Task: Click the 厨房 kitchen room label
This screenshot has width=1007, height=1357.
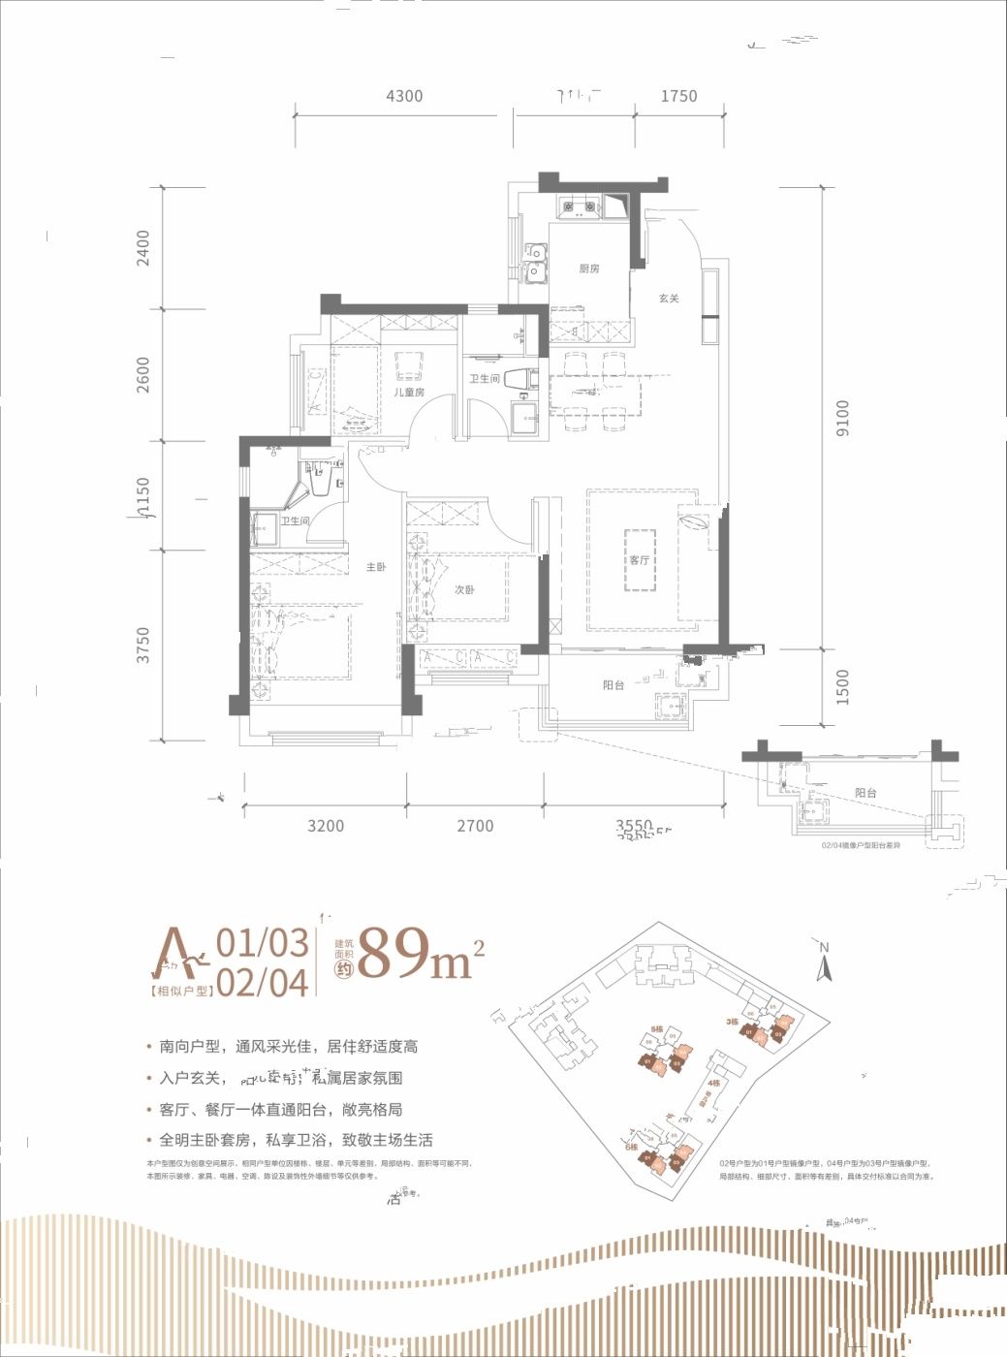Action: coord(589,268)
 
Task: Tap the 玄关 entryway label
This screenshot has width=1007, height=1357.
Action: coord(669,299)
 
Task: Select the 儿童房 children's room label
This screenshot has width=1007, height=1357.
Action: coord(409,393)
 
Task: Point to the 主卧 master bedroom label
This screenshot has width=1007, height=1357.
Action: coord(376,567)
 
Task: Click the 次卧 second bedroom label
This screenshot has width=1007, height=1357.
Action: coord(464,589)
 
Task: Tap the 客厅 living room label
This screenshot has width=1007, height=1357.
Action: coord(639,560)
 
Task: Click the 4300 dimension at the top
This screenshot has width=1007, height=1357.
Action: coord(404,96)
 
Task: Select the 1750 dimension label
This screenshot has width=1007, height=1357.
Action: coord(678,96)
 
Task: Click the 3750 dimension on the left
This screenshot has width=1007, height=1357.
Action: coord(143,645)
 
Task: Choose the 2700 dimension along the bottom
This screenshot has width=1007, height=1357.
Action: coord(475,826)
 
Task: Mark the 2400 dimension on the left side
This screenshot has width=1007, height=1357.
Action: coord(143,248)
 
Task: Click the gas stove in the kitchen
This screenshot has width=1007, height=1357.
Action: coord(579,205)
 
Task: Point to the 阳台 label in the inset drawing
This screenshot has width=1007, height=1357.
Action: coord(865,793)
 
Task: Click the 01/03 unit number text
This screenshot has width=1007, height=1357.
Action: coord(262,942)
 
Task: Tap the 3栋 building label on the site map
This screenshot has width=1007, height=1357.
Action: coord(733,1022)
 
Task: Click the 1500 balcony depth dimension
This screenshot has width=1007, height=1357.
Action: coord(841,687)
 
